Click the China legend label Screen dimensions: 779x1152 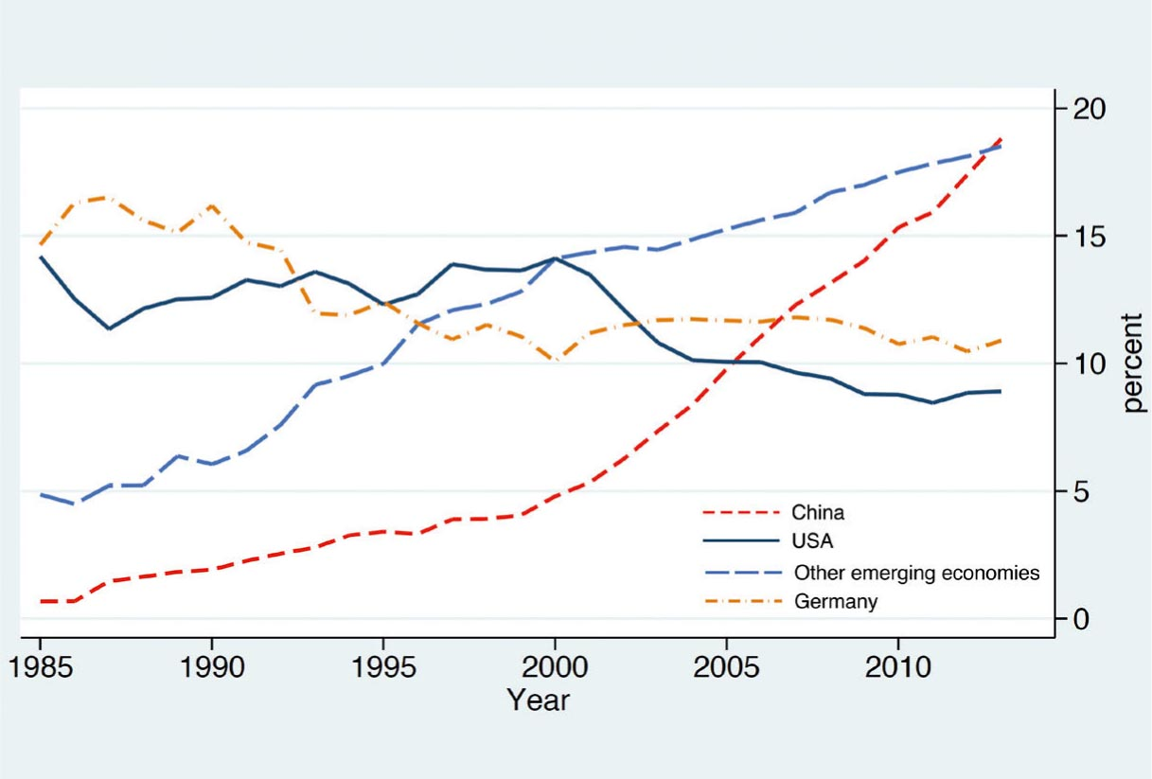pos(818,513)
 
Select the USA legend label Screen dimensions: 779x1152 pos(813,541)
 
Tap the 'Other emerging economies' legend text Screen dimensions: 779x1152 pos(916,572)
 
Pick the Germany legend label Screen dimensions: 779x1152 pos(835,601)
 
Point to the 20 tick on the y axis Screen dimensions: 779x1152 pos(1091,108)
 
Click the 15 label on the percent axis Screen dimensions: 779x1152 pos(1091,236)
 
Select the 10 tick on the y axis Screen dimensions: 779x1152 pos(1091,363)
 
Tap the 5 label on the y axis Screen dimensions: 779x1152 pos(1082,491)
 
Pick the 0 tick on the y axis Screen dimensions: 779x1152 pos(1082,619)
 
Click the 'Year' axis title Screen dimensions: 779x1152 pos(538,700)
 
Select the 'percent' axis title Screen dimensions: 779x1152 pos(1134,363)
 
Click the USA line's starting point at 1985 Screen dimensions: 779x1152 pos(41,257)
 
